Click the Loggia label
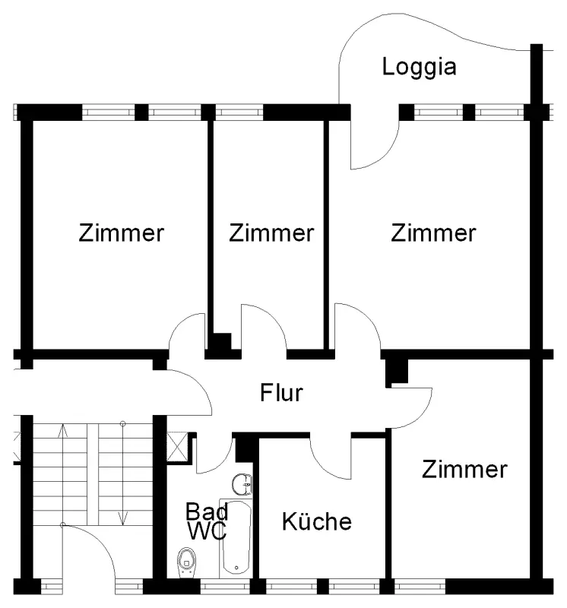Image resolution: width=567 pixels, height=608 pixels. [419, 67]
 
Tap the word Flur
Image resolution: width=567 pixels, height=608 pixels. [281, 393]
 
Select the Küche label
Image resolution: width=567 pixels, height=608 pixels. [317, 522]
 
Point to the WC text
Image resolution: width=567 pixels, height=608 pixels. [207, 530]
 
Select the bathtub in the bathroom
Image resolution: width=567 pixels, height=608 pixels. [236, 536]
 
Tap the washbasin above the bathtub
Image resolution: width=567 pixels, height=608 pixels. [243, 483]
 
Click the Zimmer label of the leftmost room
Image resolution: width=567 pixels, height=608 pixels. [121, 233]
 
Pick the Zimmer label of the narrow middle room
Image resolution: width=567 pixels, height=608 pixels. [271, 233]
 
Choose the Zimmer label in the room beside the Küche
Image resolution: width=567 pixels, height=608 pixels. [464, 469]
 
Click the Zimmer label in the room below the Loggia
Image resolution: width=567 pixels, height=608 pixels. [433, 233]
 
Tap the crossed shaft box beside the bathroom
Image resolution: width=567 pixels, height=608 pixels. [177, 445]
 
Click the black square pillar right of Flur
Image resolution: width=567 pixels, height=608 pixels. [396, 370]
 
